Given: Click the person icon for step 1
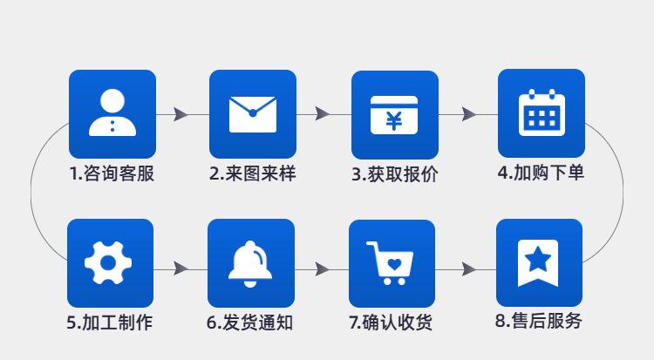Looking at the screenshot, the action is click(112, 112).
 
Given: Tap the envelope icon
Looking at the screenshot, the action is click(252, 113).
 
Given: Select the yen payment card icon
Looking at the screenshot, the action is click(394, 114).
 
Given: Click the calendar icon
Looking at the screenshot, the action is click(541, 112).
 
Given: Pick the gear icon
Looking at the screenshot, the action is click(110, 262).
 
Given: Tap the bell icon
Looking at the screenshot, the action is click(250, 262).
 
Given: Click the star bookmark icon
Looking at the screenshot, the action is click(538, 262).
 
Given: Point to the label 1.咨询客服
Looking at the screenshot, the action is click(112, 173).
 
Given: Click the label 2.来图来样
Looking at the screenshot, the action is click(252, 173).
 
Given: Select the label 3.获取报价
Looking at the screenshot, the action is click(394, 174).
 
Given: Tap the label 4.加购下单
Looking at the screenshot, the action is click(541, 173).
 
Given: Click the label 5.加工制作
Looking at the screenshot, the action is click(110, 323).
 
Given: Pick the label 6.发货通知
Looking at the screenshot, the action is click(250, 323).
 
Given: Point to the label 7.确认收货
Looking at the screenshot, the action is click(391, 323).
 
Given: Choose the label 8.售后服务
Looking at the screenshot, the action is click(538, 321).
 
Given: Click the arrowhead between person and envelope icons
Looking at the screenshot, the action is click(181, 114).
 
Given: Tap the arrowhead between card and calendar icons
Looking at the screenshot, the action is click(468, 114).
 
